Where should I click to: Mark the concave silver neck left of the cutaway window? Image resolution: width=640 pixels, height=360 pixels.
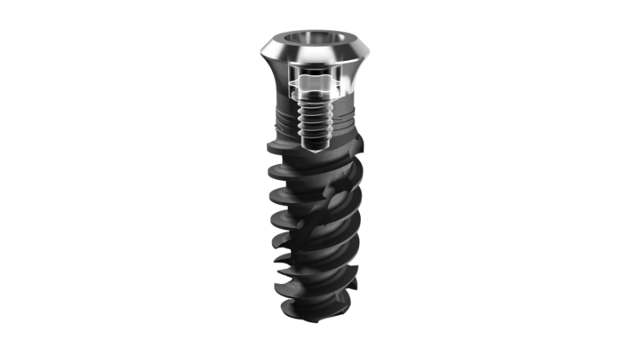click(275, 80)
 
